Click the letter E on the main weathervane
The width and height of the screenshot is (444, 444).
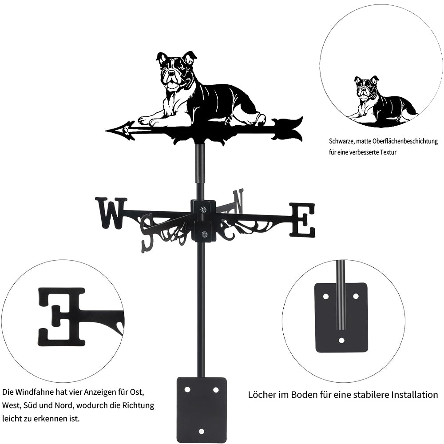tap(302, 220)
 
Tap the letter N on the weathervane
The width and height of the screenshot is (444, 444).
tap(238, 202)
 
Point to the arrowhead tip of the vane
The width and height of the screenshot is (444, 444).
tap(106, 131)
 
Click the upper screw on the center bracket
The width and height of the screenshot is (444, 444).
tap(203, 210)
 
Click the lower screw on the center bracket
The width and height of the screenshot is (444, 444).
tap(203, 234)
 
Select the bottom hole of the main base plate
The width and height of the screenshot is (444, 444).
tap(201, 432)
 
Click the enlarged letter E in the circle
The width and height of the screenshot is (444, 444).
tap(62, 317)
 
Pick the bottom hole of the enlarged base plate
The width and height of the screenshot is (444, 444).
tap(341, 340)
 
